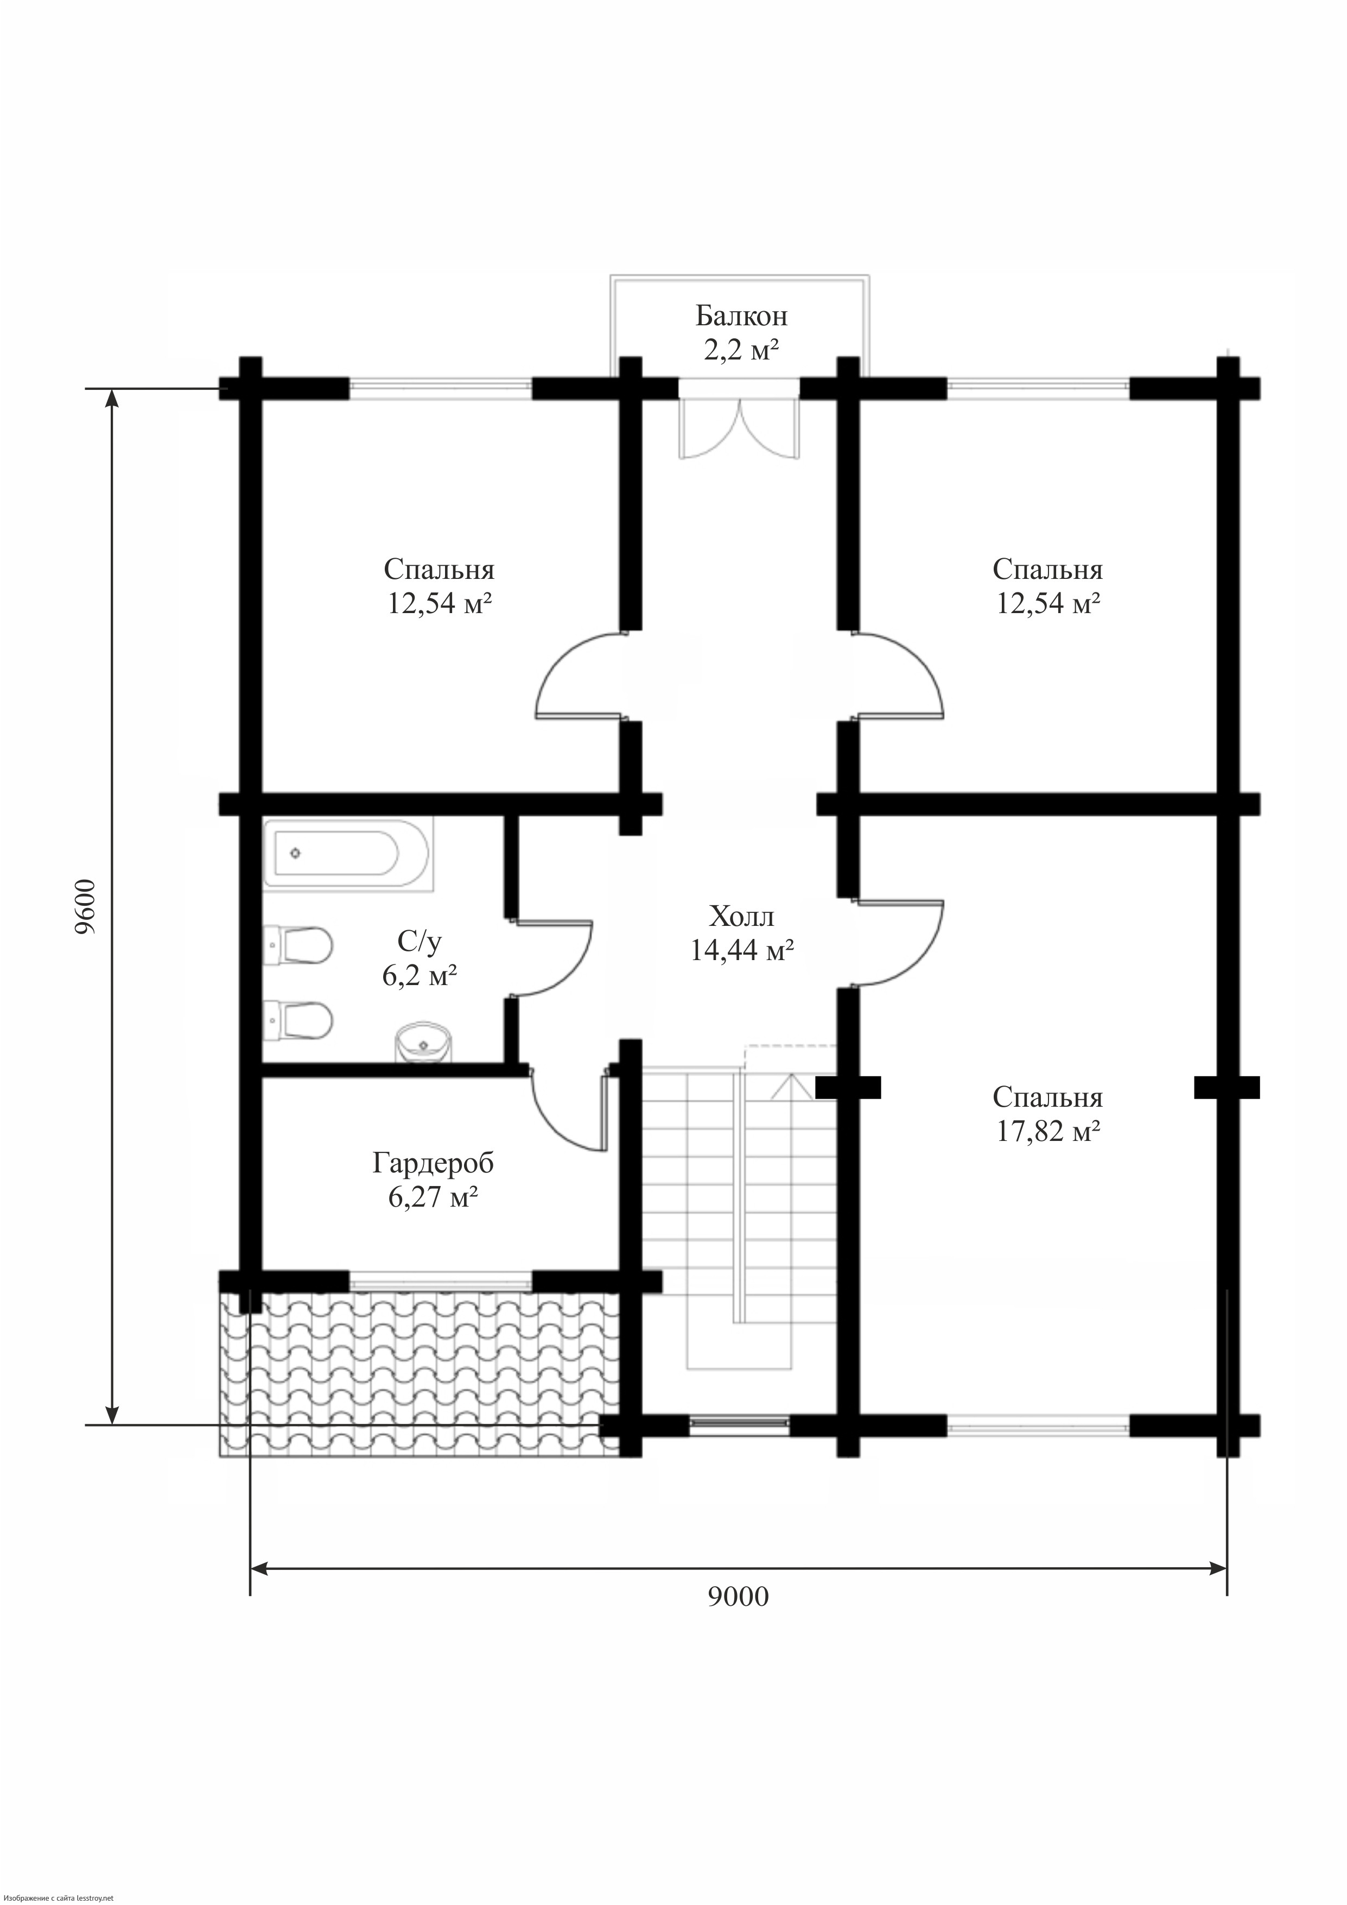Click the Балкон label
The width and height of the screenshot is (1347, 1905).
741,316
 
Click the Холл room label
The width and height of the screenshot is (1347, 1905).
741,916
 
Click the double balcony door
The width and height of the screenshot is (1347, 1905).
738,428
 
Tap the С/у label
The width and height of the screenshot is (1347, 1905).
420,941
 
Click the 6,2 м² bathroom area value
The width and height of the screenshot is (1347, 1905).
420,975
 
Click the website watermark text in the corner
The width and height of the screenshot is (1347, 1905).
58,1897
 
